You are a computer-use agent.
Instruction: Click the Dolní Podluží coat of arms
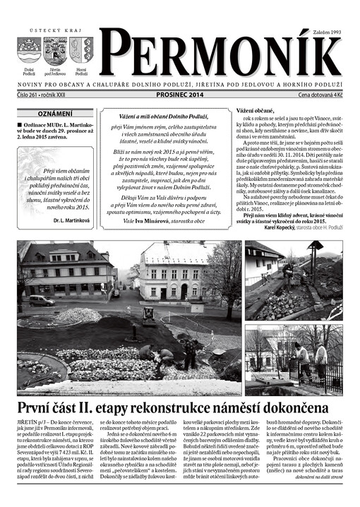pyautogui.click(x=29, y=51)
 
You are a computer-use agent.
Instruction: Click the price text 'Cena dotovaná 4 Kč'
pyautogui.click(x=321, y=94)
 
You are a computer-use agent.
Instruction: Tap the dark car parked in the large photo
pyautogui.click(x=42, y=300)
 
